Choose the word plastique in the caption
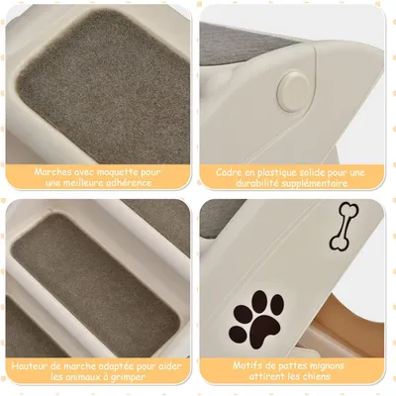click(x=285, y=170)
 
